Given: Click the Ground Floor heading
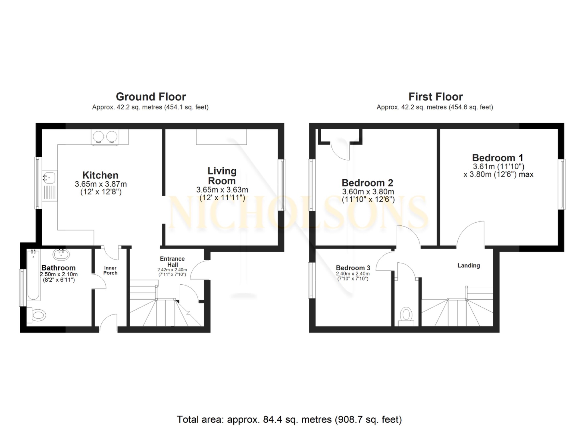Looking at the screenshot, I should click(151, 97).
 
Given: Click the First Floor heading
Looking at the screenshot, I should click(435, 97).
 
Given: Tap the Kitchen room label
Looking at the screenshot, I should click(100, 175).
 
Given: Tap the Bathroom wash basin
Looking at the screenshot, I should click(61, 254).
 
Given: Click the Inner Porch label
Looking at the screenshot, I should click(110, 270).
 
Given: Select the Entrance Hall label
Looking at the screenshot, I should click(172, 261).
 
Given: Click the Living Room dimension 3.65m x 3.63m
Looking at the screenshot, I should click(222, 190).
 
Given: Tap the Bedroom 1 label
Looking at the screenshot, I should click(498, 158).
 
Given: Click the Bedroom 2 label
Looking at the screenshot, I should click(367, 183).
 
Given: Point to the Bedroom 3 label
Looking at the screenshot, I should click(353, 268).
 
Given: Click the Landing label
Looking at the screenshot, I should click(468, 265).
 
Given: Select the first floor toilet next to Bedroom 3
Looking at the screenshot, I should click(406, 316).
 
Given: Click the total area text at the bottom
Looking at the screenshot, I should click(289, 419).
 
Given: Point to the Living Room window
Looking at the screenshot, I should click(282, 185).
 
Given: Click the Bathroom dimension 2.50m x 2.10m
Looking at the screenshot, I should click(59, 274).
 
